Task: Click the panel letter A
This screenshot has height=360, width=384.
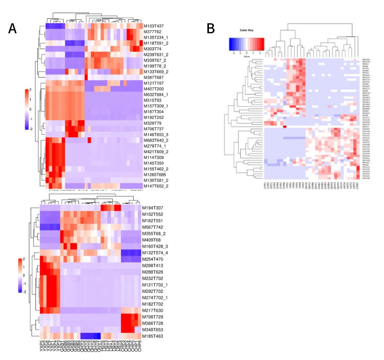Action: pyautogui.click(x=12, y=29)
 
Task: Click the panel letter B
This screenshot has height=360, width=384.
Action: pyautogui.click(x=211, y=29)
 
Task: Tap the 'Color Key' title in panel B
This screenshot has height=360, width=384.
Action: pyautogui.click(x=246, y=30)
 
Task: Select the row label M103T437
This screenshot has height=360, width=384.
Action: pyautogui.click(x=154, y=26)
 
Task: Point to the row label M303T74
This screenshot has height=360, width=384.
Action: pyautogui.click(x=152, y=49)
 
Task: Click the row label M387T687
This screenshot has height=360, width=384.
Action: pyautogui.click(x=154, y=77)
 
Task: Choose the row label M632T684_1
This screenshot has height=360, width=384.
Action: pyautogui.click(x=156, y=95)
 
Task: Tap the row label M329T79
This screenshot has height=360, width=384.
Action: pyautogui.click(x=152, y=123)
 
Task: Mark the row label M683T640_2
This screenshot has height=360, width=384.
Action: pyautogui.click(x=156, y=140)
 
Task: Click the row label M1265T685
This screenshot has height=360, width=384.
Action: pyautogui.click(x=155, y=175)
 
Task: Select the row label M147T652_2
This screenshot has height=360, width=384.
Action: pyautogui.click(x=156, y=186)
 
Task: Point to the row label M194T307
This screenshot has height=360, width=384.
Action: pyautogui.click(x=152, y=208)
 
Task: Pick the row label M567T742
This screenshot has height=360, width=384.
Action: pyautogui.click(x=152, y=227)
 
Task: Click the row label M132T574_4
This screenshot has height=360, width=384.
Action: pyautogui.click(x=155, y=253)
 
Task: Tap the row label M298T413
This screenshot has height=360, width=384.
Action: pyautogui.click(x=152, y=266)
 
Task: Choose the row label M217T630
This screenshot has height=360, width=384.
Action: pyautogui.click(x=152, y=311)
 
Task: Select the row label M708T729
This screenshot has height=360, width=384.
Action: pyautogui.click(x=152, y=317)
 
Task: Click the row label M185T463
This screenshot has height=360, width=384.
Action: pyautogui.click(x=152, y=336)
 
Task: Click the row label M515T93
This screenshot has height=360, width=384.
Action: pyautogui.click(x=152, y=100)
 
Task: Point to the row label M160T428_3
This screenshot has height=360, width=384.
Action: pyautogui.click(x=155, y=247)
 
